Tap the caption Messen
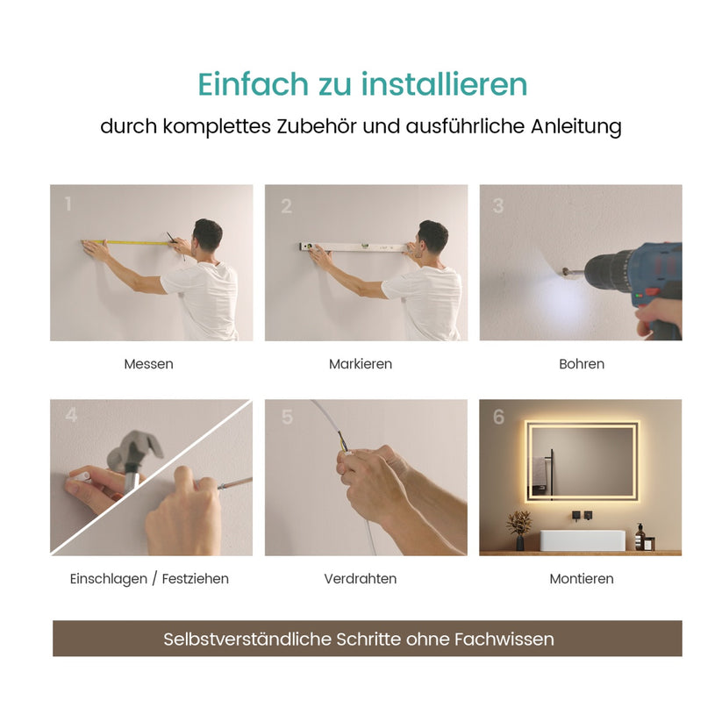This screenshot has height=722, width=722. (148, 364)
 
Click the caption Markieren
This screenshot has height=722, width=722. (361, 364)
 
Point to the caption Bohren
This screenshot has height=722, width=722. (581, 364)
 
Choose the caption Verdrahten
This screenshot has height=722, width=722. (361, 579)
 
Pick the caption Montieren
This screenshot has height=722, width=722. (581, 579)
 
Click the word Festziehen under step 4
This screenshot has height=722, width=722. (196, 579)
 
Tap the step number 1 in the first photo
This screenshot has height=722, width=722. (68, 205)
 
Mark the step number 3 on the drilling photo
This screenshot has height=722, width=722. (497, 206)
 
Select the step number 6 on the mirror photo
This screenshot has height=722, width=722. (498, 418)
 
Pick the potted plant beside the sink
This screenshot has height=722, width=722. (519, 526)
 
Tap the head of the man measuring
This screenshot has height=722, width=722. (207, 234)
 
